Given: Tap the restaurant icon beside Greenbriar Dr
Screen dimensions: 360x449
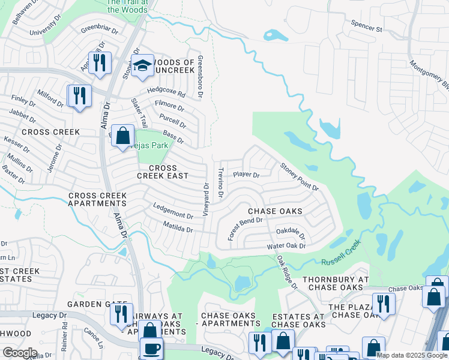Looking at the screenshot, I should [x=100, y=62].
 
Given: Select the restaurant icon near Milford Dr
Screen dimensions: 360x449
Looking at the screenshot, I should [x=79, y=95].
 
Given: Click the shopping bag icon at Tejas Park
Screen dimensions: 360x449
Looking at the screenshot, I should [x=123, y=136].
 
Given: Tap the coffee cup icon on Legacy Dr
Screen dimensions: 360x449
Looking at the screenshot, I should [x=151, y=349].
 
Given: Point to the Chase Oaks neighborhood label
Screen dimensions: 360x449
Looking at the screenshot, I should [x=275, y=211].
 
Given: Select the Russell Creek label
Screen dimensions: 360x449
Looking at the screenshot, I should [x=340, y=252].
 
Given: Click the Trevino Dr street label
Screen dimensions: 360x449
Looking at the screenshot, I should [x=220, y=183].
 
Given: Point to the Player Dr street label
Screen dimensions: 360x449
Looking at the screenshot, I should [x=246, y=175].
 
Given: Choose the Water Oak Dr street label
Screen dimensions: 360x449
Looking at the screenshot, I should [x=286, y=246].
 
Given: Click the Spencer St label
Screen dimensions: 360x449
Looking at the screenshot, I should [x=367, y=28].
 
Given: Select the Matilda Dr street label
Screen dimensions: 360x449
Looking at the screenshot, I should [x=178, y=227].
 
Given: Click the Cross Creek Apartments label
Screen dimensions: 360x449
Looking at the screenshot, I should [x=97, y=200].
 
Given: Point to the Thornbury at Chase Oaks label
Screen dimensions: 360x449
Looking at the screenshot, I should [x=336, y=283].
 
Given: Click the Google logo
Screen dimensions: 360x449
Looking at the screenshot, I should [x=19, y=353].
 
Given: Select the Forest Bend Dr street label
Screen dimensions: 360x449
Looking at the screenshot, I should [x=245, y=229].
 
